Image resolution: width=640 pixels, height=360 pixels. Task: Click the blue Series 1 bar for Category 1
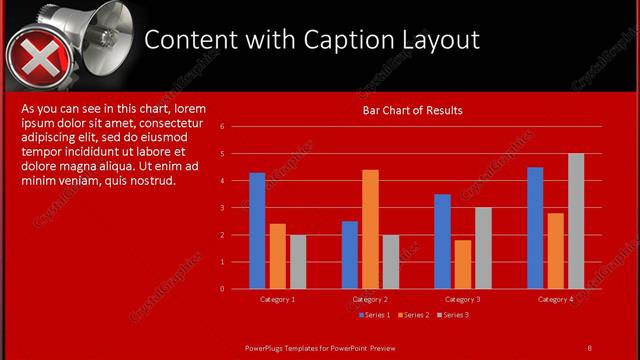257,231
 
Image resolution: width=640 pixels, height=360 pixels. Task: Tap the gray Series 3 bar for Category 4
576,221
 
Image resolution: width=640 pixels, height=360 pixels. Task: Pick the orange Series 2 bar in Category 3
463,264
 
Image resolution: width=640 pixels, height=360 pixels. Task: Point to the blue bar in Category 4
535,228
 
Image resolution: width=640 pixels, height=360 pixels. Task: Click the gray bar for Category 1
298,262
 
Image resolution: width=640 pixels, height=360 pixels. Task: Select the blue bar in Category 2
350,255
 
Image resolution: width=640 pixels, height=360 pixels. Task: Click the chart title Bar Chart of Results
412,110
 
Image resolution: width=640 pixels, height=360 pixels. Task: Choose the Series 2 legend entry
412,315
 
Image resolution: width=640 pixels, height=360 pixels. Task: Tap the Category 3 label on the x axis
462,299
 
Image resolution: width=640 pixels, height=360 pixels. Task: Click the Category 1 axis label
277,299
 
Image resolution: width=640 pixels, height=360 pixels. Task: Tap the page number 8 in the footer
589,347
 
